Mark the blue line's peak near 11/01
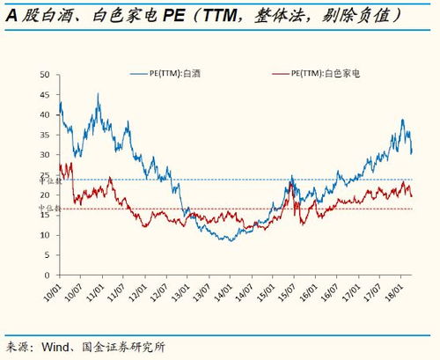tap(98, 94)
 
